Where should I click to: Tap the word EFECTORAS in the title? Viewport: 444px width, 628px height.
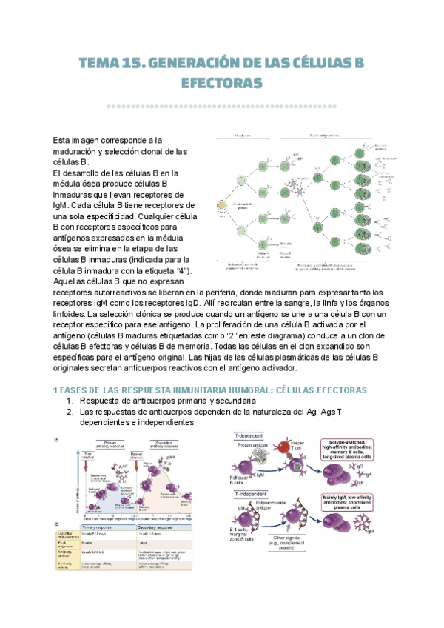click(221, 83)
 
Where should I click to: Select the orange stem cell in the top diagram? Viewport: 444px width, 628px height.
click(220, 207)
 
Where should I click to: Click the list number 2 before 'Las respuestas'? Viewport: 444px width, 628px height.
click(70, 412)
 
